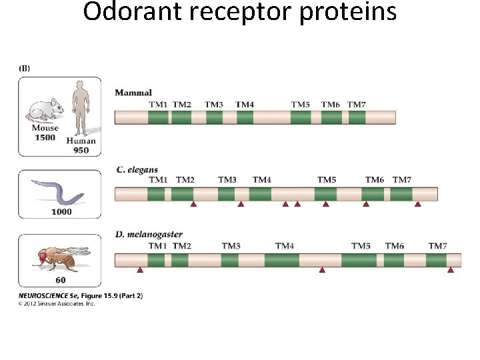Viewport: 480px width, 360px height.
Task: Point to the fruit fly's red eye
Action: tap(43, 255)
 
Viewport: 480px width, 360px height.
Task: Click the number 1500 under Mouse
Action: tap(45, 137)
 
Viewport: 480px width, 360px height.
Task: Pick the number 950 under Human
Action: tap(81, 150)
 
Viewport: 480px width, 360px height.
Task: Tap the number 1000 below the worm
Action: tap(61, 211)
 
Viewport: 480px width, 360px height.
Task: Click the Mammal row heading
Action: tap(133, 93)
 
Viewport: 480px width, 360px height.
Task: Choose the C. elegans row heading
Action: tap(137, 169)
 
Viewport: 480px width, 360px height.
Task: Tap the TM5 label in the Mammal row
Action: tap(301, 105)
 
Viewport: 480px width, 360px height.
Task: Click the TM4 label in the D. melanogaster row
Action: tap(285, 246)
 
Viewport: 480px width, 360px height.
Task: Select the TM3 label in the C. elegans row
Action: tap(227, 180)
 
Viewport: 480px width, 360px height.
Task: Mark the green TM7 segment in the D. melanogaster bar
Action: tap(436, 260)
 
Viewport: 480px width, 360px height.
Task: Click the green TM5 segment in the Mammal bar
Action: tap(301, 117)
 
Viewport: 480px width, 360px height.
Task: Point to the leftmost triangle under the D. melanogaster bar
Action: tap(140, 271)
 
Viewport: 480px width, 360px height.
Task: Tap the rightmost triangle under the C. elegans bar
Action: tap(418, 205)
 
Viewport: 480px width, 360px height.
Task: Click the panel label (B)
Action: tap(23, 67)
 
